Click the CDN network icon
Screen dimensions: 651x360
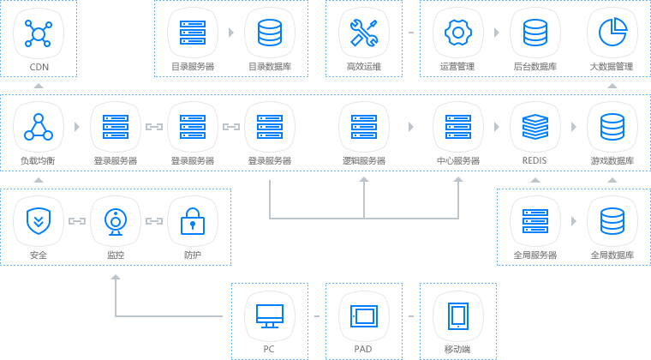[39, 33]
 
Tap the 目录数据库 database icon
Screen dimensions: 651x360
[270, 33]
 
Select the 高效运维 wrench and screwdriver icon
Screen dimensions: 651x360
[364, 33]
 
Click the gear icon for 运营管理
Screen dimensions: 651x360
[458, 33]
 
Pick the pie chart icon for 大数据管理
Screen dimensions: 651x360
[612, 32]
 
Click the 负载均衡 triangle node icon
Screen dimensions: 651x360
[39, 127]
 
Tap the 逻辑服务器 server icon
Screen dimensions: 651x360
[364, 127]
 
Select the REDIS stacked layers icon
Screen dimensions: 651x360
[535, 127]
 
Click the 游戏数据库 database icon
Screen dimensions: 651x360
[612, 127]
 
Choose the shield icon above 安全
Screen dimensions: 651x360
[39, 221]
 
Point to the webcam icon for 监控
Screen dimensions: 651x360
[116, 222]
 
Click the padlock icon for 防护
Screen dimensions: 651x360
[193, 221]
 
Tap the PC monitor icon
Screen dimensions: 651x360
[270, 316]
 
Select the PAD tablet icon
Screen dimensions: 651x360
[364, 316]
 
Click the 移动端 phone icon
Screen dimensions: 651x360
[458, 316]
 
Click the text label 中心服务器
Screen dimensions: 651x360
[458, 160]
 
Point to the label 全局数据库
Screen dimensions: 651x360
[612, 255]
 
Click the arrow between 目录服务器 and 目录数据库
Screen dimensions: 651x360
[231, 33]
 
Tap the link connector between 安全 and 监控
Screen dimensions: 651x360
[77, 221]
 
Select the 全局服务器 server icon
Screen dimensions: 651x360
[535, 221]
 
